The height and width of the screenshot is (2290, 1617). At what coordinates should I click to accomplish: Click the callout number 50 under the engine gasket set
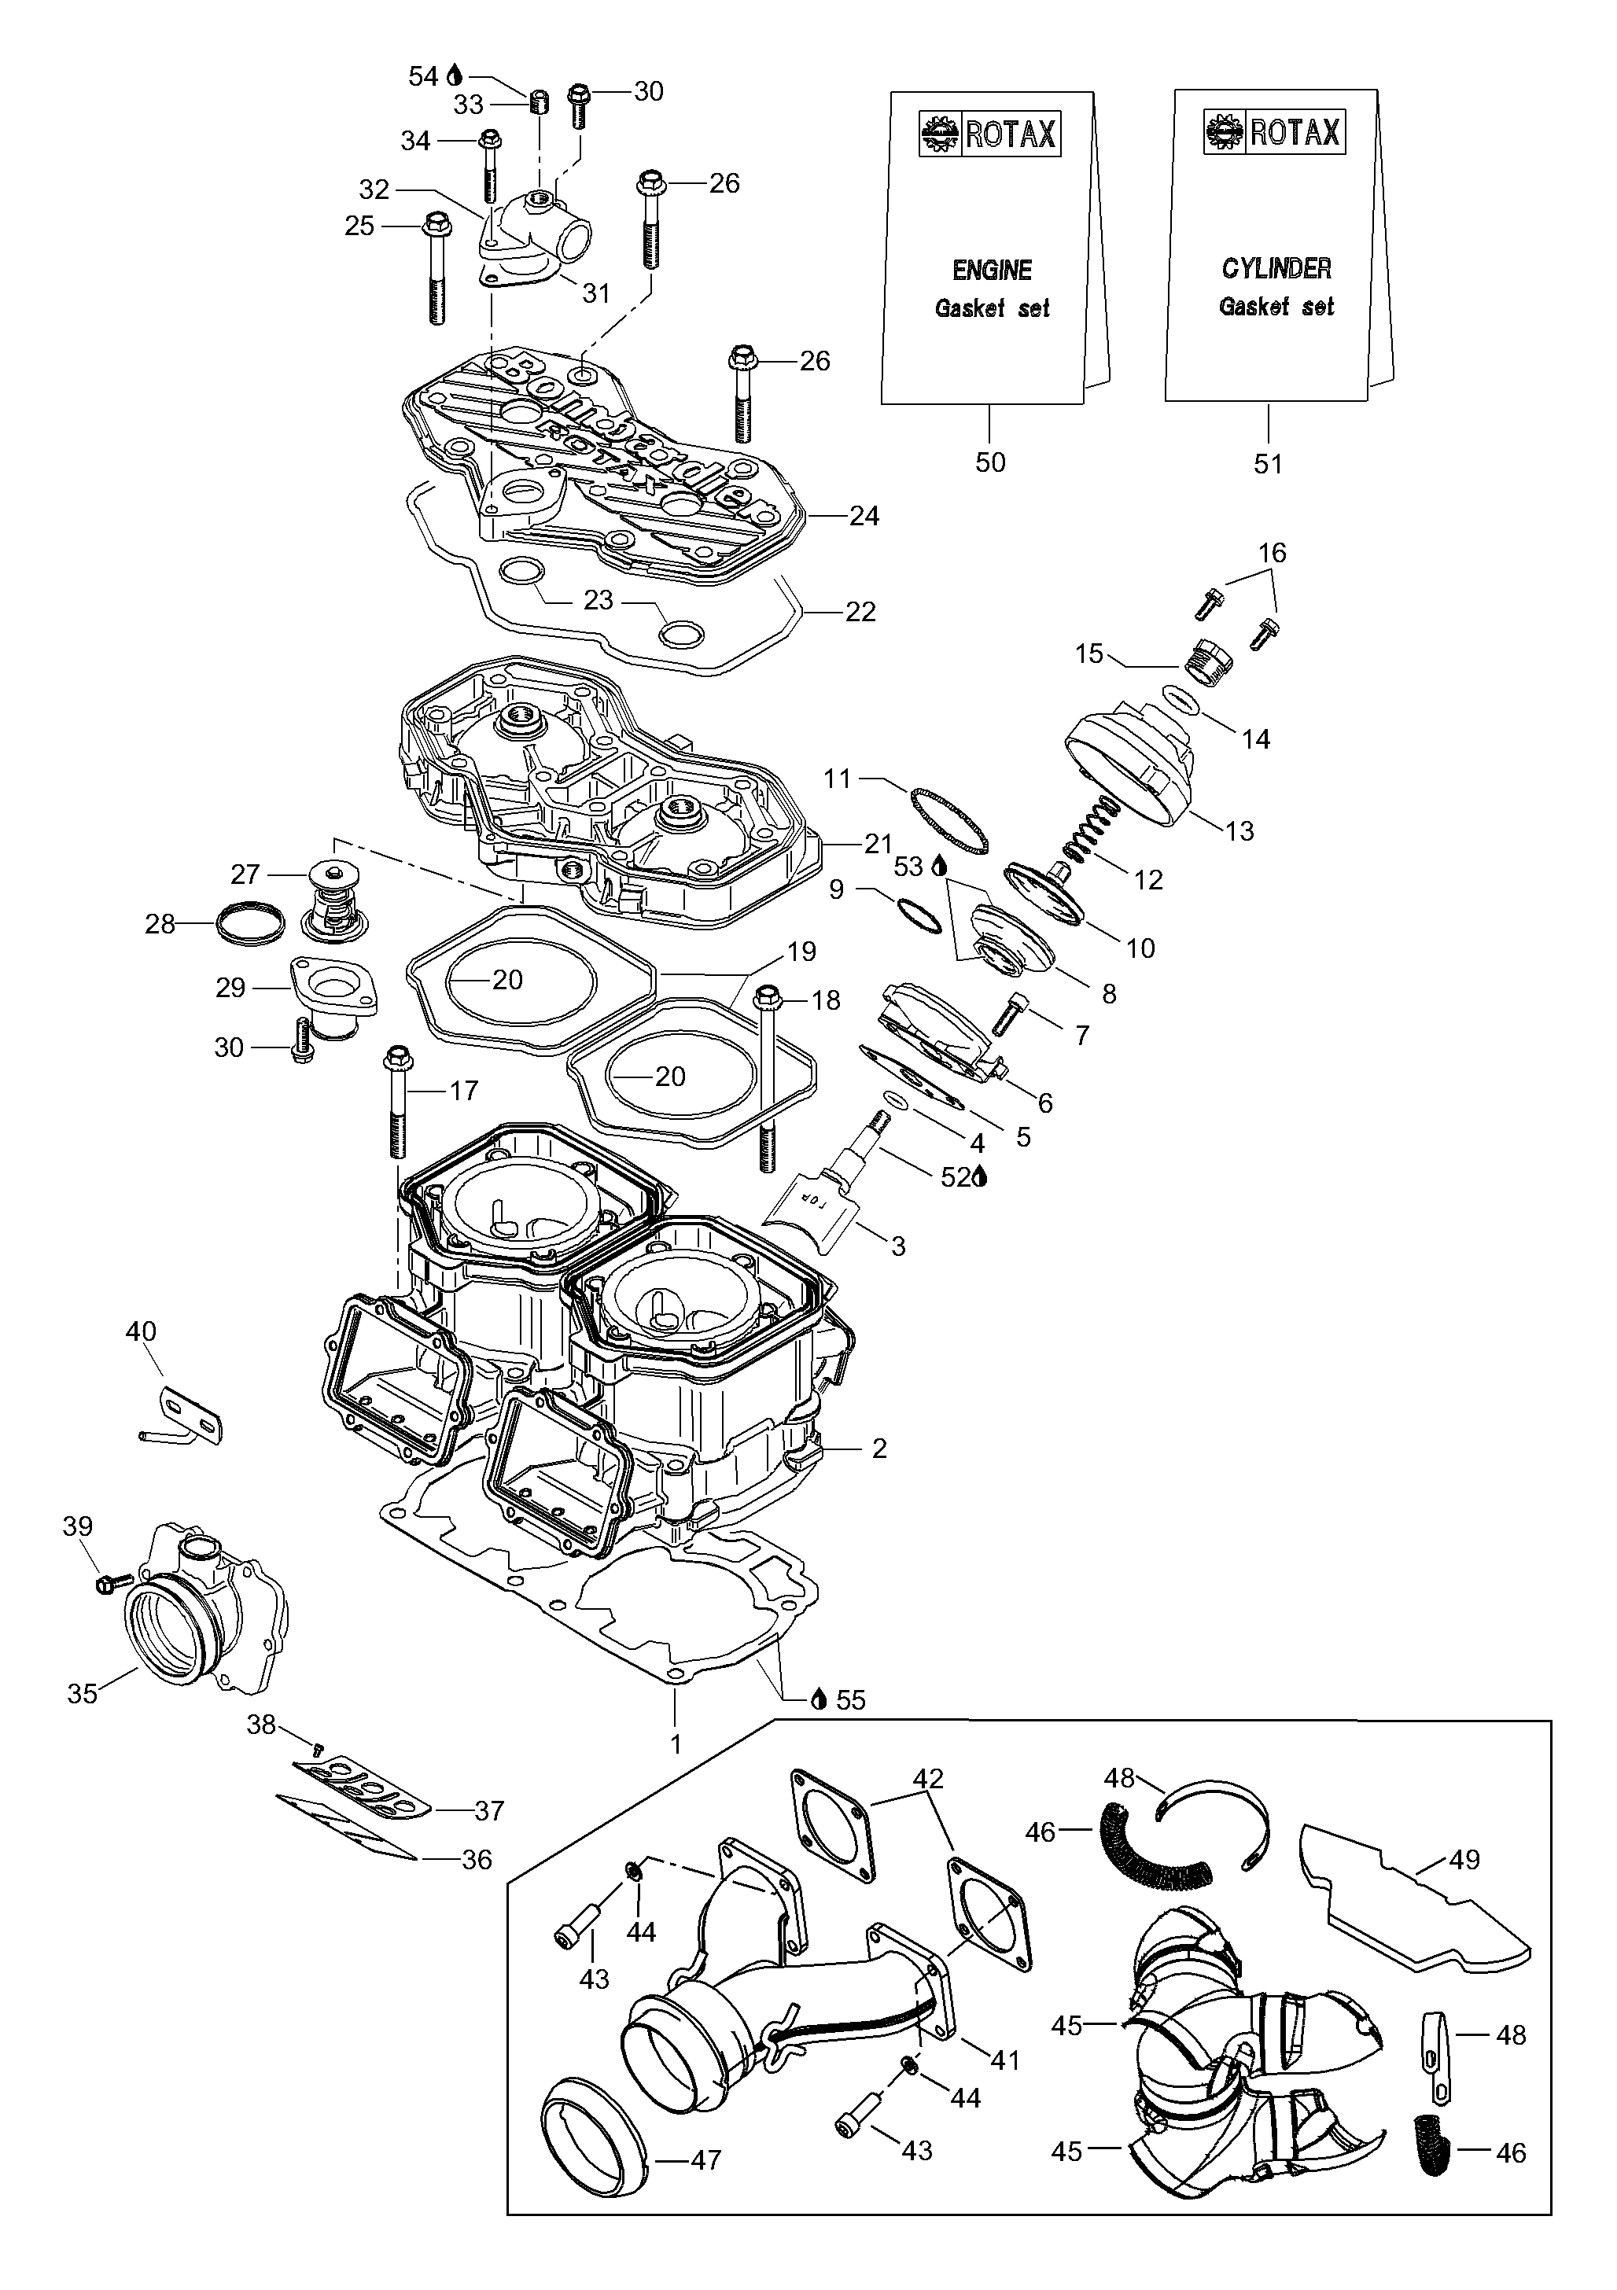click(x=989, y=462)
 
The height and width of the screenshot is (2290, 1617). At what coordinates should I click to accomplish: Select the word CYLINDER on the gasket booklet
click(x=1276, y=268)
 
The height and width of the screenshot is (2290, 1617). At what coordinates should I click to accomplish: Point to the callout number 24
click(x=864, y=516)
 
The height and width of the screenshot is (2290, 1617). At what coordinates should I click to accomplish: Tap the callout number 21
click(x=877, y=844)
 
